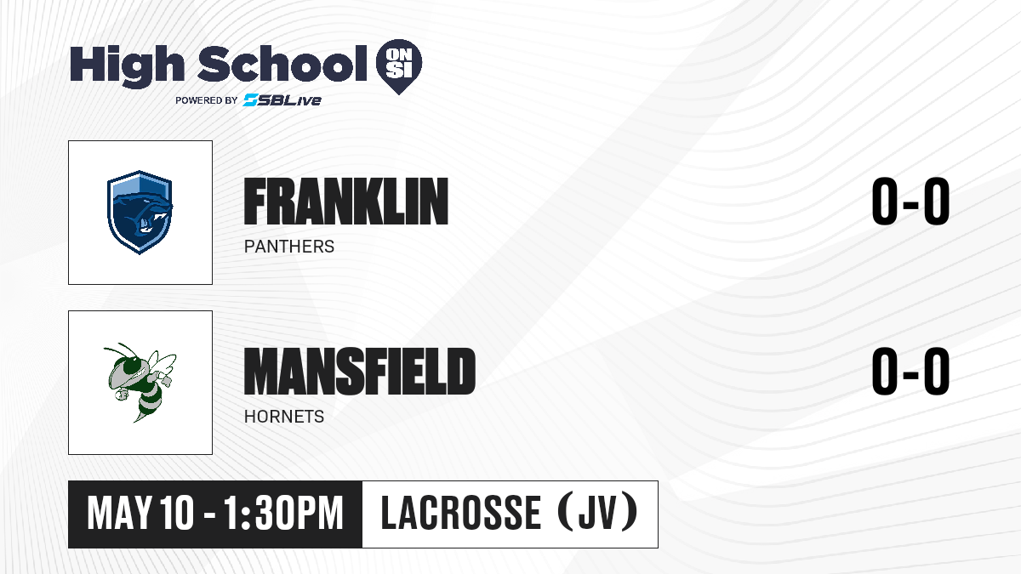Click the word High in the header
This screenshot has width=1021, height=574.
click(127, 65)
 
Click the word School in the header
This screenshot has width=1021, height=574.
click(282, 64)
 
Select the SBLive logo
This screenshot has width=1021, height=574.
click(282, 100)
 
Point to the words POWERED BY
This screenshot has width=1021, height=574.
click(207, 100)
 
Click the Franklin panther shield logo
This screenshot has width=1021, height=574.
click(140, 213)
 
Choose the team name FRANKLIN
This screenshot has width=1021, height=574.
click(346, 202)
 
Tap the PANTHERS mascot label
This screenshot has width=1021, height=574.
click(289, 247)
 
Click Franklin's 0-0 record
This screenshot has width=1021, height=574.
click(910, 202)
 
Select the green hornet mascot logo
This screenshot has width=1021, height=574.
click(140, 383)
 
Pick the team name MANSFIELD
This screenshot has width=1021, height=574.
click(360, 372)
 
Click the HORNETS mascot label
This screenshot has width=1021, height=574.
click(284, 417)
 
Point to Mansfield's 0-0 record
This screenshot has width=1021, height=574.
click(910, 372)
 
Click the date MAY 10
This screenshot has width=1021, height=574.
click(140, 514)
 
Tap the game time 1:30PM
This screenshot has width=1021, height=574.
click(283, 514)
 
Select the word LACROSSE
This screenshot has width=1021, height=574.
click(461, 513)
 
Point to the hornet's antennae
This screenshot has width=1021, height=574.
click(119, 350)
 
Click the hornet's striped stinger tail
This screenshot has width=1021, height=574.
click(146, 406)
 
